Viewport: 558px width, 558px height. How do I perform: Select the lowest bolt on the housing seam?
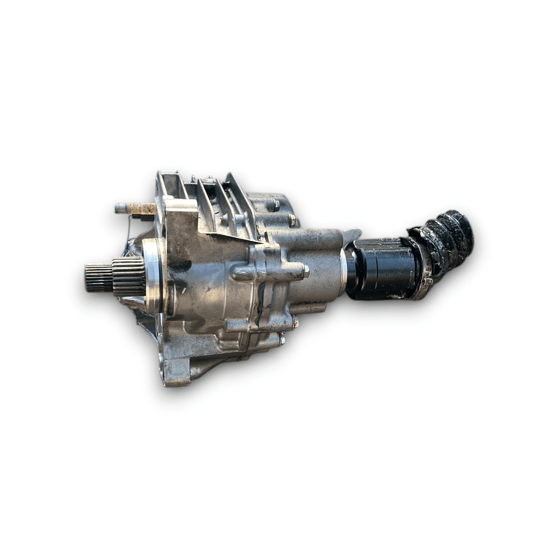pos(282,341)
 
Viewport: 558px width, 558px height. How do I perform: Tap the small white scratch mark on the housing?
pos(184,291)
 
